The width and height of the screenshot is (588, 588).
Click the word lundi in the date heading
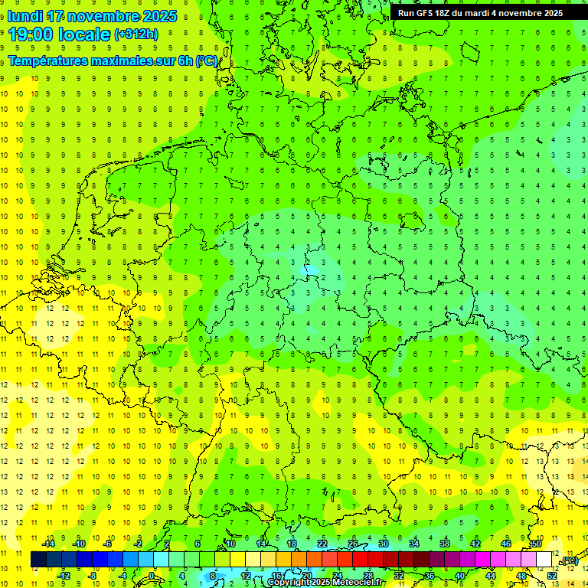pyautogui.click(x=25, y=16)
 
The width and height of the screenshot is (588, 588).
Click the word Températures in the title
pyautogui.click(x=47, y=61)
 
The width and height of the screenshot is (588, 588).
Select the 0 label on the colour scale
pyautogui.click(x=152, y=576)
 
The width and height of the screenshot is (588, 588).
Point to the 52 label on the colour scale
pyautogui.click(x=552, y=576)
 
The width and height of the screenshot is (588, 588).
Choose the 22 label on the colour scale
pyautogui.click(x=322, y=544)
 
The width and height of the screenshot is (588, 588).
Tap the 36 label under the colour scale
pyautogui.click(x=429, y=576)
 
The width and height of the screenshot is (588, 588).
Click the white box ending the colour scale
pyautogui.click(x=544, y=560)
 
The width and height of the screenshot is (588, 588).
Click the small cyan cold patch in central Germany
pyautogui.click(x=311, y=269)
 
